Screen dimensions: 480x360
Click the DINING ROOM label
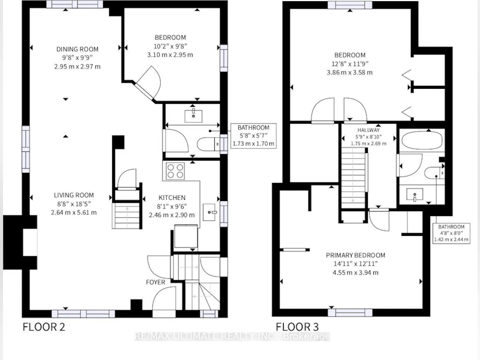click(77, 49)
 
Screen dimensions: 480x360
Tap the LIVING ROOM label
click(74, 195)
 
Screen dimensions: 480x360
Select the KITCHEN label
click(172, 197)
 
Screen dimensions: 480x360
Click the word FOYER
click(155, 282)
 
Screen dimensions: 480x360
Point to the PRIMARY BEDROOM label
click(355, 255)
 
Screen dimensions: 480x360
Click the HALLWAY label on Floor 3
click(368, 130)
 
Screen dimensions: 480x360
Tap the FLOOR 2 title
click(44, 326)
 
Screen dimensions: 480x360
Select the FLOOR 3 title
click(297, 326)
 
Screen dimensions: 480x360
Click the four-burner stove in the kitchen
click(175, 171)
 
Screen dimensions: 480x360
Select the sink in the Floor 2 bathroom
click(193, 115)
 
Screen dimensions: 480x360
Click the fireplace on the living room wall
click(20, 242)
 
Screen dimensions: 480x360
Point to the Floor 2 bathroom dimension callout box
click(253, 136)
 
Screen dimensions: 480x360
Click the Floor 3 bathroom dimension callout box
click(451, 233)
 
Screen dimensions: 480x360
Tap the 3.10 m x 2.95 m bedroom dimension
click(170, 55)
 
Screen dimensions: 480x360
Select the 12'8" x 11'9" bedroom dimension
click(350, 64)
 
